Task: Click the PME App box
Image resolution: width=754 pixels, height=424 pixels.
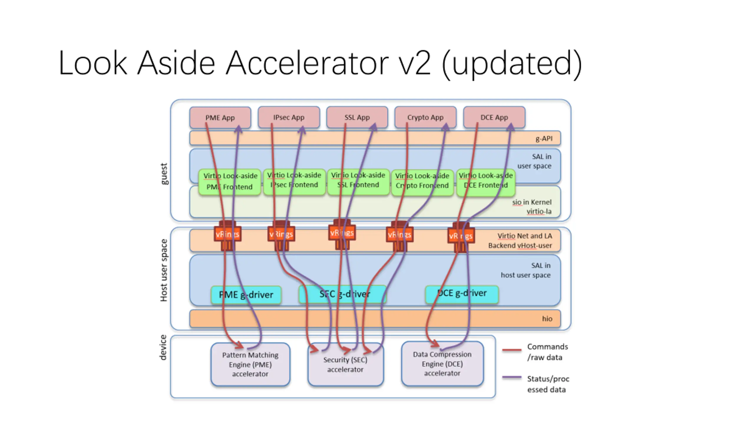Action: pos(220,117)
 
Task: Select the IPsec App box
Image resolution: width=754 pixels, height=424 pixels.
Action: pos(289,117)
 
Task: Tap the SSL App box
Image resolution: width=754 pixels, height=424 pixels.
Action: pos(357,117)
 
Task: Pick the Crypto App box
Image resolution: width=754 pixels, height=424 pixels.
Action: pos(425,117)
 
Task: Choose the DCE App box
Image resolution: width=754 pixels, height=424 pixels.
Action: pos(494,117)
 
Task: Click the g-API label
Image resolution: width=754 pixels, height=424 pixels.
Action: pos(544,138)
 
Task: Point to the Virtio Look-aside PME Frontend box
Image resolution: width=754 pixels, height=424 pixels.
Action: pos(230,181)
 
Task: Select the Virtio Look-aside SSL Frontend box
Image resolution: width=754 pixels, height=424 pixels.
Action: pos(358,180)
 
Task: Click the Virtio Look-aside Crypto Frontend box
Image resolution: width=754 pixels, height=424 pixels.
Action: pos(422,181)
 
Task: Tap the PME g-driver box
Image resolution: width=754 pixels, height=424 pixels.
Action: pos(246,295)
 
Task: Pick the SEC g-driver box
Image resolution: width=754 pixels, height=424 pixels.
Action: pos(342,294)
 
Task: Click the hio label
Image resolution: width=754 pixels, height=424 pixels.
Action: pos(547,319)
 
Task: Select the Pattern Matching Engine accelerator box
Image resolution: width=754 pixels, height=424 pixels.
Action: pos(250,364)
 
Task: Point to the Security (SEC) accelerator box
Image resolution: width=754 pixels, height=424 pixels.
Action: pos(345,365)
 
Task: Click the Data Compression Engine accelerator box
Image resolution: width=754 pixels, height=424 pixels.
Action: pos(442,364)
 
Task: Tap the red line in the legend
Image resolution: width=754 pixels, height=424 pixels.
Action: pos(512,350)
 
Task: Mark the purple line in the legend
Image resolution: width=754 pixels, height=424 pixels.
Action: pos(512,377)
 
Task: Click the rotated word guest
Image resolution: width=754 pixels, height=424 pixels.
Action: pos(164,174)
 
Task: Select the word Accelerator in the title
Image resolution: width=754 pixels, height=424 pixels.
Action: pos(307,63)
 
